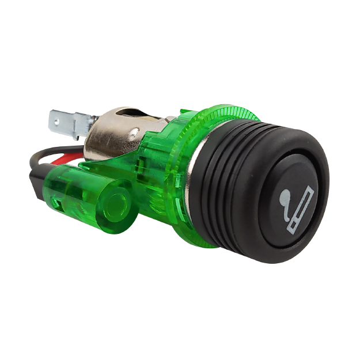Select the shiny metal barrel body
(115, 138)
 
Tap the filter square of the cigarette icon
(295, 230)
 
